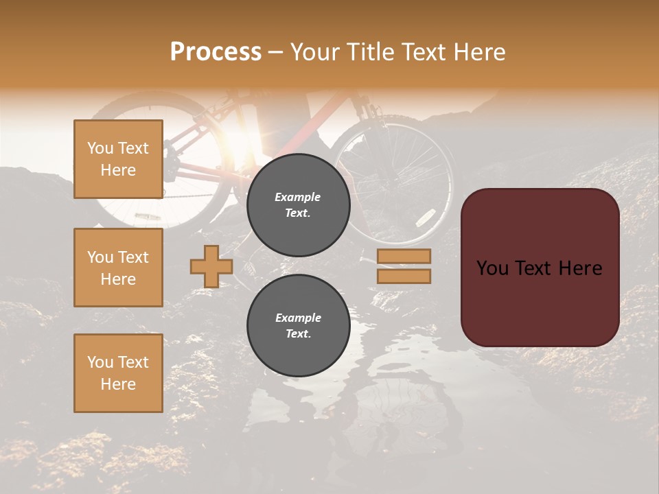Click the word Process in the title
click(216, 52)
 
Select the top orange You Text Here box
click(118, 159)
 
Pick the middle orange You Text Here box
click(118, 268)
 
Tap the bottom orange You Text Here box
click(118, 373)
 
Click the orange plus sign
click(211, 266)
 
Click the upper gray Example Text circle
click(298, 205)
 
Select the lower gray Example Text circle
click(298, 326)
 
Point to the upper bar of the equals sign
click(404, 256)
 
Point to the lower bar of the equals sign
click(404, 277)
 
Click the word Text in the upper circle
click(297, 213)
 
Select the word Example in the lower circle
click(298, 318)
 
